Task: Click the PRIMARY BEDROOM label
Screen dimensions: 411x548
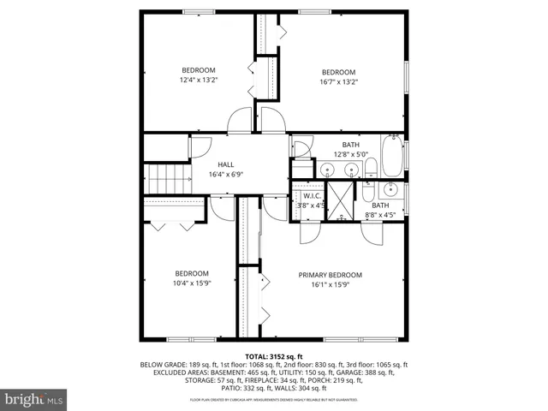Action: [x=330, y=275]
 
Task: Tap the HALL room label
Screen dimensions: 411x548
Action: [x=226, y=164]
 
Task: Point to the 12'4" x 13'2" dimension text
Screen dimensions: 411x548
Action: [x=198, y=80]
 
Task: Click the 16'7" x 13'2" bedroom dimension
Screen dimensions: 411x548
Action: [x=338, y=82]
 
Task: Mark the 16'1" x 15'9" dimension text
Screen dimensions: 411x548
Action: [x=330, y=284]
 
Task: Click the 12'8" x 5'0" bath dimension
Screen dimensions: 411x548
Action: [x=350, y=154]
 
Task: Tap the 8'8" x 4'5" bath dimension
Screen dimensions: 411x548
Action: [x=380, y=215]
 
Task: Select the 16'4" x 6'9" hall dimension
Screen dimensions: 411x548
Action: [x=226, y=175]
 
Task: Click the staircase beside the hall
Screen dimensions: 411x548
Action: [x=168, y=180]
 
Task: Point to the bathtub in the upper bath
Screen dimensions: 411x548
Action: [x=390, y=157]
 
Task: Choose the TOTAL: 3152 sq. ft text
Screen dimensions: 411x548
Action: [x=273, y=355]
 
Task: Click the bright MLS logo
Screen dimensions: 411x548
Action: [x=34, y=399]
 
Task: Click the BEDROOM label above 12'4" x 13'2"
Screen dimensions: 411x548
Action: [x=198, y=70]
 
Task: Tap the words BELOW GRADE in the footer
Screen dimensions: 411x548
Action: [x=161, y=364]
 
